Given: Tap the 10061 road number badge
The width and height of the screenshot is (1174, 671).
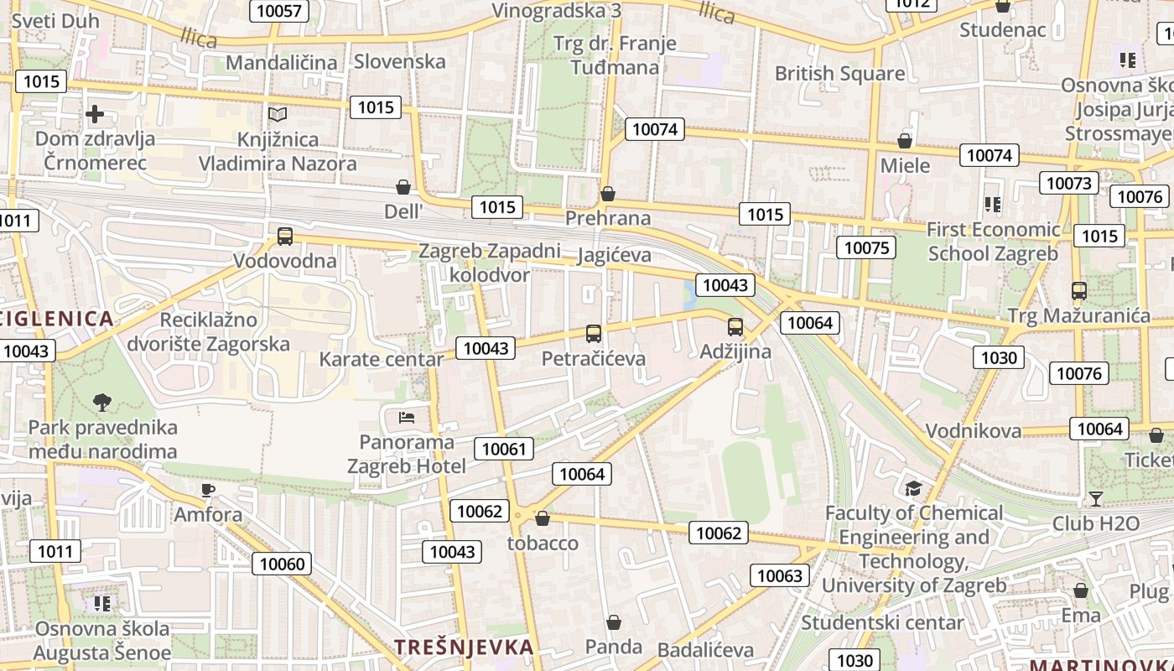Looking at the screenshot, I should (504, 449).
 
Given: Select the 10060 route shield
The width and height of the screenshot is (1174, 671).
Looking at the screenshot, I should (283, 564).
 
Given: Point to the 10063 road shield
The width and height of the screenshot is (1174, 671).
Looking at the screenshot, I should (780, 575).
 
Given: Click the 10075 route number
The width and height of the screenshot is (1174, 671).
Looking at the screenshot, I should (866, 247).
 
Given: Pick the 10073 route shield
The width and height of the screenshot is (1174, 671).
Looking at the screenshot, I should (1068, 183).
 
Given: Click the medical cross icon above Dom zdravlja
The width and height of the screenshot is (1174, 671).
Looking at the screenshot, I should (95, 114).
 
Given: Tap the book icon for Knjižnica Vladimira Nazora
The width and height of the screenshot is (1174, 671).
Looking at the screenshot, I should (277, 114).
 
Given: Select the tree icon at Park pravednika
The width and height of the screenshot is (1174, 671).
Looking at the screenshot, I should (102, 403).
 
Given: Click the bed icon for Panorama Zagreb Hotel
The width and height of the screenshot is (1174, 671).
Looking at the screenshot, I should (407, 417).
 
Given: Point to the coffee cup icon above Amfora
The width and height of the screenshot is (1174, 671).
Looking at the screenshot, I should (208, 490).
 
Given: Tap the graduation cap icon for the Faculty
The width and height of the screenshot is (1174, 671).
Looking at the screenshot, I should (913, 488).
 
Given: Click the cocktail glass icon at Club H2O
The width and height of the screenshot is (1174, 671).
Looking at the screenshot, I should (1095, 499).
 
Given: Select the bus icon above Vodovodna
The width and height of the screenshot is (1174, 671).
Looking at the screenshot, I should (285, 237).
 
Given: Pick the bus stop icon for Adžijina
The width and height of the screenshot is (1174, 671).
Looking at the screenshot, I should (735, 327).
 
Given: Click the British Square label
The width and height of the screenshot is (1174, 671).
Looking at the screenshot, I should (839, 74).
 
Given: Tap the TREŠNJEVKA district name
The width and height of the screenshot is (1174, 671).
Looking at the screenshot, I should (464, 648).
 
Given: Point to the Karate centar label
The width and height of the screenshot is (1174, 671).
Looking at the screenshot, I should (382, 360).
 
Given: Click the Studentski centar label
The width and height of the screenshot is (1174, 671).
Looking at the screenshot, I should (882, 622).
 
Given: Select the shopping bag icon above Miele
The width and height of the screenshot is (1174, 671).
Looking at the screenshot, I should (905, 141).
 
